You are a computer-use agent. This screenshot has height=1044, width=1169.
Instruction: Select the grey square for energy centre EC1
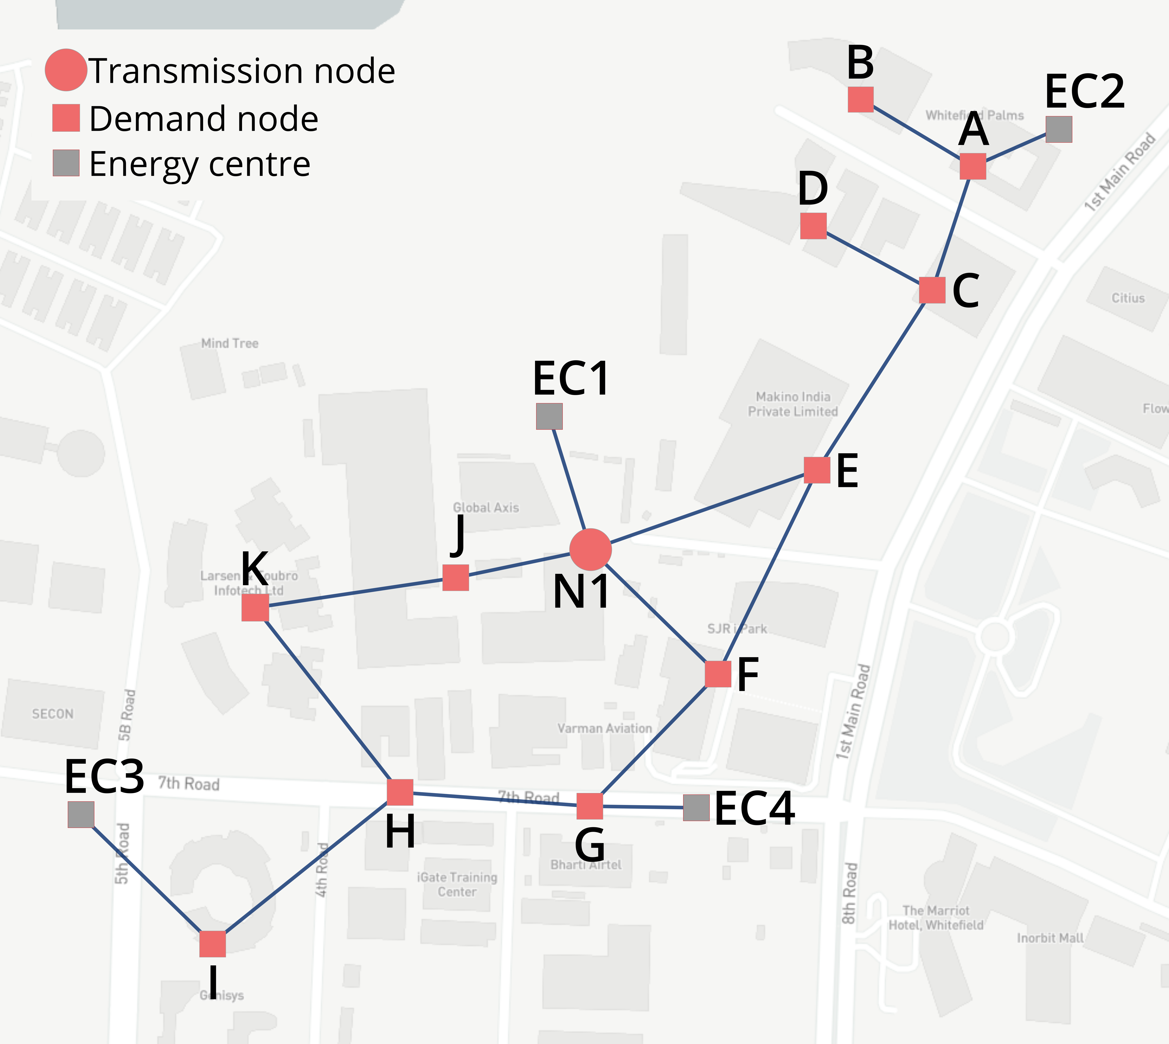pyautogui.click(x=549, y=416)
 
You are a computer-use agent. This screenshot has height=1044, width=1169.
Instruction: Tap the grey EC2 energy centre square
pyautogui.click(x=1058, y=130)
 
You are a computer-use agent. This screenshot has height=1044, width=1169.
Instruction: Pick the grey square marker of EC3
pyautogui.click(x=81, y=815)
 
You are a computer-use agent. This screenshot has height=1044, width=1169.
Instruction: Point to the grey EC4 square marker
pyautogui.click(x=696, y=808)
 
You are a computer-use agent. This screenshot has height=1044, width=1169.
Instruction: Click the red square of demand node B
pyautogui.click(x=860, y=99)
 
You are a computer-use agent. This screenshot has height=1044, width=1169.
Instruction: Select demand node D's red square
pyautogui.click(x=813, y=225)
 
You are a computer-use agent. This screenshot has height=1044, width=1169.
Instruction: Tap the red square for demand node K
pyautogui.click(x=255, y=608)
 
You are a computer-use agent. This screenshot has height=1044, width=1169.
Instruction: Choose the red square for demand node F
pyautogui.click(x=718, y=674)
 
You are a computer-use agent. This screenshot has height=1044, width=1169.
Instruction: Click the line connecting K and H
pyautogui.click(x=327, y=700)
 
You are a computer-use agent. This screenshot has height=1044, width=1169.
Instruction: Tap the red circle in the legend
pyautogui.click(x=66, y=70)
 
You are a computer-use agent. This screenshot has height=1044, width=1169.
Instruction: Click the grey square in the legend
pyautogui.click(x=66, y=163)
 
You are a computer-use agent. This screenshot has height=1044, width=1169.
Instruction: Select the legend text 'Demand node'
pyautogui.click(x=204, y=119)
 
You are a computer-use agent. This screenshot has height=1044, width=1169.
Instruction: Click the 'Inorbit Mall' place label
pyautogui.click(x=1050, y=938)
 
